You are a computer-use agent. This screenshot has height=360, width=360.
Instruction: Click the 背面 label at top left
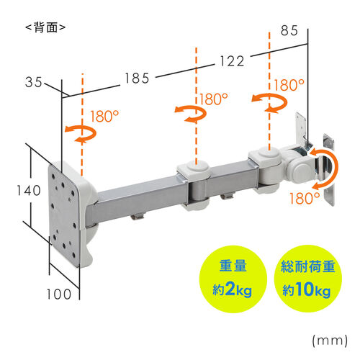pos(45,28)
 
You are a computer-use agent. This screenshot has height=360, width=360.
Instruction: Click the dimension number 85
pos(289,31)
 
